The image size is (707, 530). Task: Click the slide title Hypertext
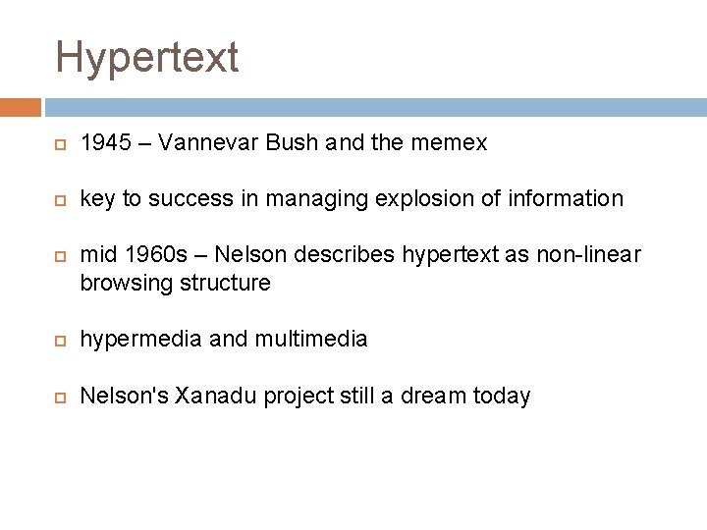point(147,57)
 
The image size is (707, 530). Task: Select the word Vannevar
point(205,143)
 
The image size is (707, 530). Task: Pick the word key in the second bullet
point(97,199)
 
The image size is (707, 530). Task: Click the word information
point(566,199)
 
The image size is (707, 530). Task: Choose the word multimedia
point(310,340)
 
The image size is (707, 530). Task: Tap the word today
point(501,397)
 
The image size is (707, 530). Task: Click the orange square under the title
point(21,107)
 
